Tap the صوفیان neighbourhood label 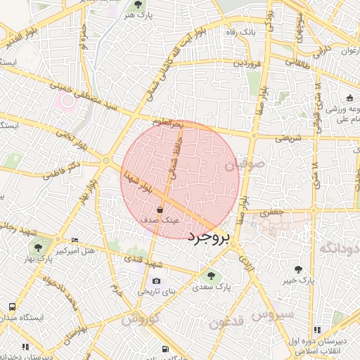click(x=238, y=167)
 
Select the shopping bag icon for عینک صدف click(x=160, y=209)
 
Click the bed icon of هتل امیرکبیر click(x=75, y=240)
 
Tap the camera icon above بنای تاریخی click(x=156, y=281)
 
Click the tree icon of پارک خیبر click(x=300, y=269)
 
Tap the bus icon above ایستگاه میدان click(x=12, y=307)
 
